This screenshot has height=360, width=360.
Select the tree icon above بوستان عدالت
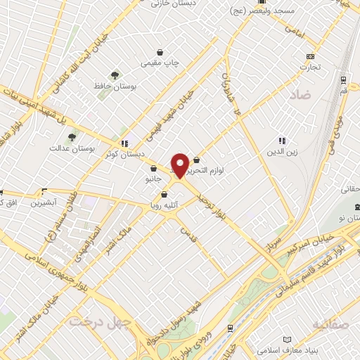72,136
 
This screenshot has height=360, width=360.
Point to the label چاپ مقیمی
161,63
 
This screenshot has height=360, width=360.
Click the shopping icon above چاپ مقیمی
160,52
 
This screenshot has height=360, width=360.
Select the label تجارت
309,67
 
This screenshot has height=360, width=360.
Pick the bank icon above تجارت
309,56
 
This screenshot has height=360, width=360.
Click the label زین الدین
283,150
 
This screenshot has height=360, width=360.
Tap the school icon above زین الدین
283,140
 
